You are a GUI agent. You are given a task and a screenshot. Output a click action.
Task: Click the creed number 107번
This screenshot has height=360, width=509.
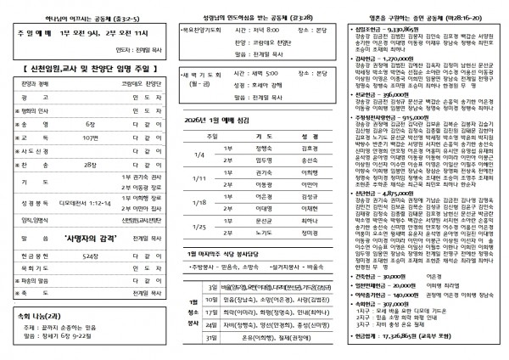(92, 136)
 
